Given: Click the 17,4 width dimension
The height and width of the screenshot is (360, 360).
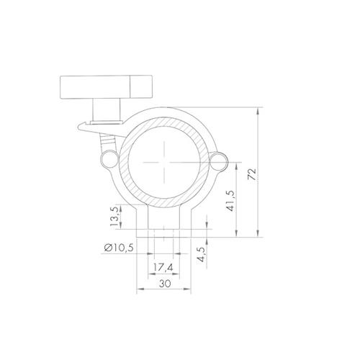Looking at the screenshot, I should [163, 268].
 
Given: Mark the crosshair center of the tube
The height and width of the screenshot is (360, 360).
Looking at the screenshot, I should [164, 163].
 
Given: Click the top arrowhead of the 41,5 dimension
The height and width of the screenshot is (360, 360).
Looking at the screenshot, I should [238, 164].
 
